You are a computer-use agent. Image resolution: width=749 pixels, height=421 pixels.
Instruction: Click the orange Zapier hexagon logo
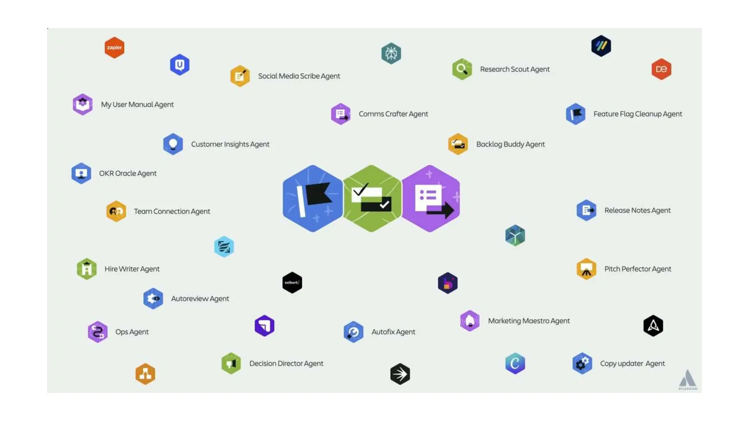tap(114, 48)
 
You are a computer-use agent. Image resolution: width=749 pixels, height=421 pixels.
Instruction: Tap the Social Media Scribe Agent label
tap(299, 76)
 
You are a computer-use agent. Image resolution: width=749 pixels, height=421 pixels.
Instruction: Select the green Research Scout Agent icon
tap(462, 69)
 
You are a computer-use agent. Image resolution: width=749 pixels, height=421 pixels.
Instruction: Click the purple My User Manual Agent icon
tap(83, 104)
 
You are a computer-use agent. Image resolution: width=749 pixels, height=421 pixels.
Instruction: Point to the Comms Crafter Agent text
tap(393, 114)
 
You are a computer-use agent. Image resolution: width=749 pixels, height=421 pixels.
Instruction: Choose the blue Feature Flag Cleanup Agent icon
tap(576, 114)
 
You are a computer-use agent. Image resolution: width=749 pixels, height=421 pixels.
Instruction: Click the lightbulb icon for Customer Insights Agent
tap(173, 144)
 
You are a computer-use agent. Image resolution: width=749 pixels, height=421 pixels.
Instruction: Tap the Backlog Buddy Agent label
tap(510, 144)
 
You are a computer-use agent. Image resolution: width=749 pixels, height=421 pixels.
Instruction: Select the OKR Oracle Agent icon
tap(81, 173)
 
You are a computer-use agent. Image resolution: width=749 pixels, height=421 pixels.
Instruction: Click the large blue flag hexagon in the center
tap(312, 198)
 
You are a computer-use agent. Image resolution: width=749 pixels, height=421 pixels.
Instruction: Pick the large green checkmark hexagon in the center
tap(372, 198)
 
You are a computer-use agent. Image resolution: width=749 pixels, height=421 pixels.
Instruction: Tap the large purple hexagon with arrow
tap(431, 198)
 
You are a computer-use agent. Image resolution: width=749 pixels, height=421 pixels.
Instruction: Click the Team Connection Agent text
tap(172, 211)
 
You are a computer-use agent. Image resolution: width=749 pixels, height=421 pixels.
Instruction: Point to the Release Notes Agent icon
tap(586, 210)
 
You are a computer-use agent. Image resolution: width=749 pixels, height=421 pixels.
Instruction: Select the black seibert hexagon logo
tap(292, 282)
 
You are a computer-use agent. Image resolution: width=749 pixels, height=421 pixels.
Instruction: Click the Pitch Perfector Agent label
tap(637, 269)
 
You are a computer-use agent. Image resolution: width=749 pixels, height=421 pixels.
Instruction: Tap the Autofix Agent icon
tap(353, 332)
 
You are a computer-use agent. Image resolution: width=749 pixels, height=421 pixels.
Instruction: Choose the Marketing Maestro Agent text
tap(529, 321)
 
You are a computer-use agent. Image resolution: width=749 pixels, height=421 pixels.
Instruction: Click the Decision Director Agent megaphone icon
tap(231, 363)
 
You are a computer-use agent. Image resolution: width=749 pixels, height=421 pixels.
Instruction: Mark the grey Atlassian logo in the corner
tap(688, 379)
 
